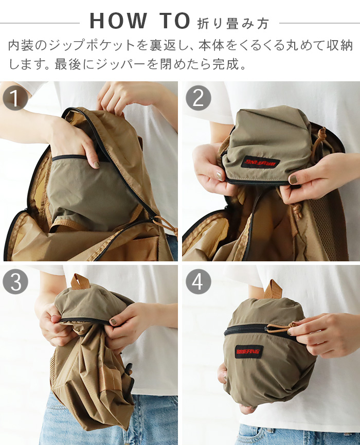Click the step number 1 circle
tap(15, 98)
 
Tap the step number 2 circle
tap(198, 98)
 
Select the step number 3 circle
tap(15, 281)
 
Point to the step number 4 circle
tap(198, 281)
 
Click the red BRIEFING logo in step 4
tap(249, 352)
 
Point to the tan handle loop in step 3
tap(80, 281)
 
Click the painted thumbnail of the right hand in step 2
tap(292, 180)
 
